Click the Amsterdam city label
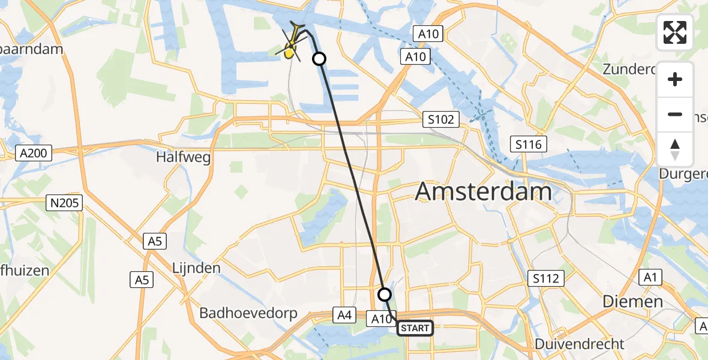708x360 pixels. [483, 192]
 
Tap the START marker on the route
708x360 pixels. [415, 328]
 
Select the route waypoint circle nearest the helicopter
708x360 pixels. [319, 59]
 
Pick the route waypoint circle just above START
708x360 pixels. [385, 295]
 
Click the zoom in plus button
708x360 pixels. [675, 80]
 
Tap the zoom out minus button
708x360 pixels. [675, 115]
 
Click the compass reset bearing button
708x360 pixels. [675, 149]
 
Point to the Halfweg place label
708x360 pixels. [183, 157]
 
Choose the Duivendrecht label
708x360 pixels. [580, 344]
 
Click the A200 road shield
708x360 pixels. [33, 154]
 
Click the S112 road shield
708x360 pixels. [546, 278]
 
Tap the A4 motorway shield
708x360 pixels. [344, 314]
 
